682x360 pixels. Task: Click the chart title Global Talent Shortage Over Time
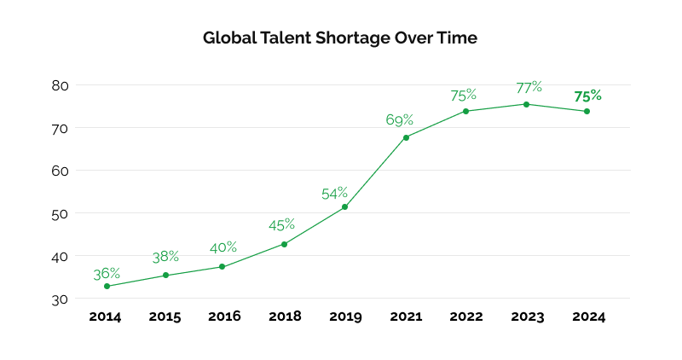click(x=340, y=38)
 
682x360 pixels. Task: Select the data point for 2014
click(x=107, y=286)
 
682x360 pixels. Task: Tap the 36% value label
click(x=107, y=274)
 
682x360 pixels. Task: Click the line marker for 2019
click(x=345, y=206)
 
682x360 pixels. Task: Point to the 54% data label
click(x=335, y=194)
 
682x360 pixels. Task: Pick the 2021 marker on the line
click(x=406, y=137)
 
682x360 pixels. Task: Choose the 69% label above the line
click(x=399, y=120)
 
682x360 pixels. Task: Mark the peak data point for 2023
click(x=526, y=104)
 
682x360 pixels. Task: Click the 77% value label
click(x=529, y=87)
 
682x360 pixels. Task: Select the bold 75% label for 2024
click(x=587, y=96)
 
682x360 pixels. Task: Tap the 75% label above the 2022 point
click(x=463, y=96)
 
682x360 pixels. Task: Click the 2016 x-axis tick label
click(x=225, y=316)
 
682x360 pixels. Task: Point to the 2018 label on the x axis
click(x=285, y=316)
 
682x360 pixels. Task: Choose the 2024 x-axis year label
click(x=588, y=316)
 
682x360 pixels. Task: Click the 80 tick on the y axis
click(x=60, y=85)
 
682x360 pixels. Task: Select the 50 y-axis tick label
click(x=60, y=213)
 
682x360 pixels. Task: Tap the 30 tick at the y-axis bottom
click(x=60, y=299)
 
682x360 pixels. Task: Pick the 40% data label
click(x=223, y=247)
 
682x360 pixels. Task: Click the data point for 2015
click(x=166, y=275)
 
